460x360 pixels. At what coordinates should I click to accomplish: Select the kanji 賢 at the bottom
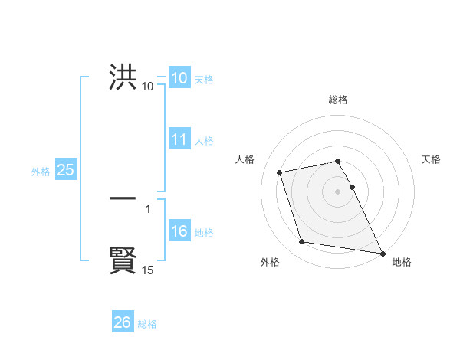pyautogui.click(x=123, y=260)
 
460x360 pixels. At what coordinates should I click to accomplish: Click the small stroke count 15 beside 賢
pyautogui.click(x=148, y=270)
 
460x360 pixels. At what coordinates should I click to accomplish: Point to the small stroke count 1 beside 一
pyautogui.click(x=148, y=208)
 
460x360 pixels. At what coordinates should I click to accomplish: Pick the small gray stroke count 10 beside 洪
pyautogui.click(x=148, y=87)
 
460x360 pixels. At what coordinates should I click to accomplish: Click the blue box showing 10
pyautogui.click(x=179, y=78)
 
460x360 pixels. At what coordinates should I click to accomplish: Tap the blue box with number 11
pyautogui.click(x=179, y=139)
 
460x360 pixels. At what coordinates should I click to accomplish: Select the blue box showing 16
pyautogui.click(x=179, y=232)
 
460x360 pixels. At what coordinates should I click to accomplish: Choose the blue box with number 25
pyautogui.click(x=65, y=170)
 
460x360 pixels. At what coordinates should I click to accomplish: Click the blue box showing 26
pyautogui.click(x=122, y=322)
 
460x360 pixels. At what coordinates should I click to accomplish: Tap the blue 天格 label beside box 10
pyautogui.click(x=204, y=79)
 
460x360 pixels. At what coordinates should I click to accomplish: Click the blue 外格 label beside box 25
pyautogui.click(x=41, y=172)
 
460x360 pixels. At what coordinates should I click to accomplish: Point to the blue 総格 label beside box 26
pyautogui.click(x=147, y=324)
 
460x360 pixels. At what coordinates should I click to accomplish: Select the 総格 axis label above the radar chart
pyautogui.click(x=338, y=100)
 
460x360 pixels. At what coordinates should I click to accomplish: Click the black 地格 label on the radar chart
pyautogui.click(x=402, y=262)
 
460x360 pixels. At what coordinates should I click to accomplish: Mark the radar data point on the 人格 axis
pyautogui.click(x=280, y=172)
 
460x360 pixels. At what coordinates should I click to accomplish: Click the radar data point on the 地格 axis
pyautogui.click(x=383, y=253)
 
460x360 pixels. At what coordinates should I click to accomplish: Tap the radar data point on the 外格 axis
pyautogui.click(x=302, y=242)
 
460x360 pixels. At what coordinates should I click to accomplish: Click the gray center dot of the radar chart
pyautogui.click(x=337, y=191)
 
